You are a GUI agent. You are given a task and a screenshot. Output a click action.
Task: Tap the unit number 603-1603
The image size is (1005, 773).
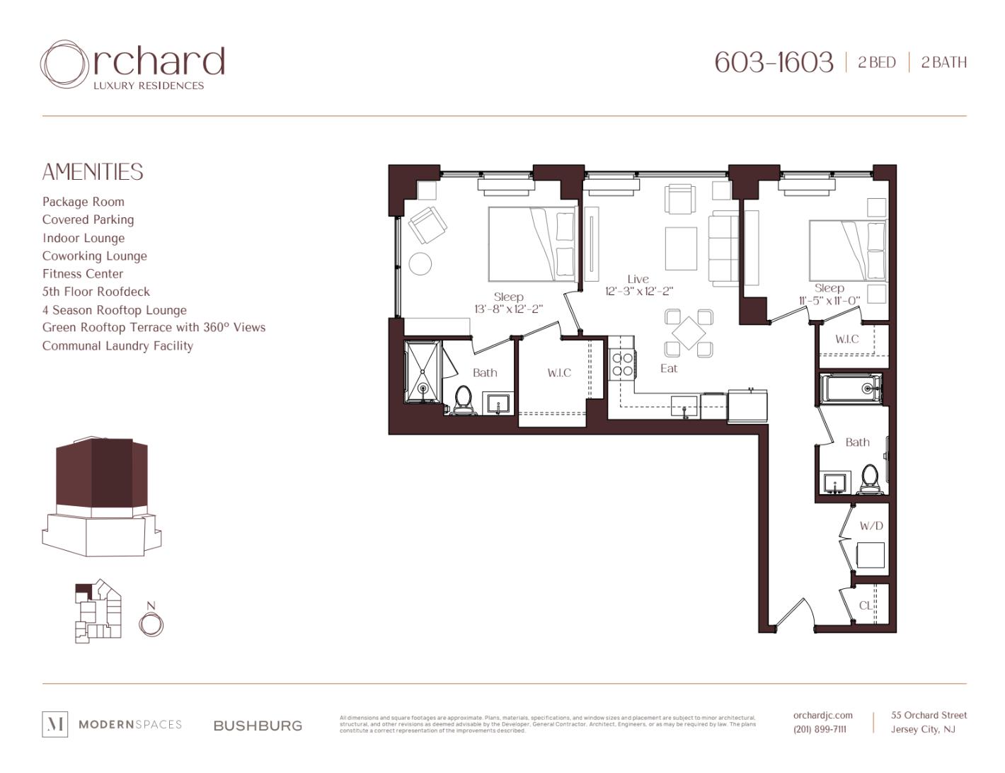pos(774,62)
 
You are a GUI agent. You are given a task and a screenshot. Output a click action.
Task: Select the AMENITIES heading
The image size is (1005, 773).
pos(93,172)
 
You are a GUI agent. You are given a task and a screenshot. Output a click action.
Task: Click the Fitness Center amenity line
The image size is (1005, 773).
pos(83,274)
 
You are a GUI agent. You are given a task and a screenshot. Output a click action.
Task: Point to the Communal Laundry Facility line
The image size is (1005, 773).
pos(117,346)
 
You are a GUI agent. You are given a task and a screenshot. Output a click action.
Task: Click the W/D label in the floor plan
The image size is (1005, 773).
pos(871,526)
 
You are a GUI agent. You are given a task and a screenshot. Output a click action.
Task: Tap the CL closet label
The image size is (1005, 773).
pos(866,605)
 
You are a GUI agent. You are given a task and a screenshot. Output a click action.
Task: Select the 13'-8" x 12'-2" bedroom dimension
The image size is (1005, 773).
pos(508,309)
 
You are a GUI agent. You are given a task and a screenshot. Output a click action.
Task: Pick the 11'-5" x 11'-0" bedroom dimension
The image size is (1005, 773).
pos(829,300)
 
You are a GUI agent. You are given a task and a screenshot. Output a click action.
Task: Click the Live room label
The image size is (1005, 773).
pos(638,279)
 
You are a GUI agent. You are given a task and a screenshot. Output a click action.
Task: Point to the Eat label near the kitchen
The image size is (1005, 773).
pos(669,368)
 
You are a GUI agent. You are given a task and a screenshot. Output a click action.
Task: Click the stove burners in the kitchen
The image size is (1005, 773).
pos(622,365)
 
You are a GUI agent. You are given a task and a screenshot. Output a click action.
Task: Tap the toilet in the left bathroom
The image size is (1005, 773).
pos(464,399)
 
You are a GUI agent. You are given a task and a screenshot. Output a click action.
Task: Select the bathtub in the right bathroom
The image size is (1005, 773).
pos(850,388)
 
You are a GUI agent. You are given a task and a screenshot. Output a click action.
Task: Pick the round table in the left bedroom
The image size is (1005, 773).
pos(420,264)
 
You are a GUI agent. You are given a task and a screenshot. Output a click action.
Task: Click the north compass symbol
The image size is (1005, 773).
pos(151,624)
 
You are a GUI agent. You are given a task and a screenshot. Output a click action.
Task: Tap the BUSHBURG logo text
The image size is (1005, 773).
pos(258,726)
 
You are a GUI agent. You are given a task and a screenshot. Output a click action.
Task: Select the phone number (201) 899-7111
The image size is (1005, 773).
pos(820,729)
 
